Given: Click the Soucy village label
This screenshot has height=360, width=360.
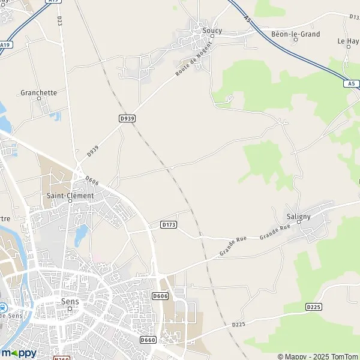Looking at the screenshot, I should point(212,30).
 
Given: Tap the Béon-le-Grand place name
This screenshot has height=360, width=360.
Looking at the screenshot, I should point(295,34).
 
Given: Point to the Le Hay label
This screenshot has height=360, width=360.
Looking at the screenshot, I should point(348,41).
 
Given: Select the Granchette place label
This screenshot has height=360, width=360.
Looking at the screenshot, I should point(38,92).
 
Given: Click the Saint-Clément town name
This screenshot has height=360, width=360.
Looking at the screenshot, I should point(70,196).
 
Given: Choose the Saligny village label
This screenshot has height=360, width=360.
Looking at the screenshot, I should point(298,216).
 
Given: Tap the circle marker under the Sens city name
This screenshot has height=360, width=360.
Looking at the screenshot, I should point(70,309).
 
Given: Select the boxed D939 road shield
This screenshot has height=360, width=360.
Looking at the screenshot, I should point(127,119).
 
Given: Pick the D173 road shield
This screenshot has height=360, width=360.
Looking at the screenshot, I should point(169,224).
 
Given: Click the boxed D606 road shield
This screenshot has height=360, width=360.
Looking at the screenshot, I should point(160,296).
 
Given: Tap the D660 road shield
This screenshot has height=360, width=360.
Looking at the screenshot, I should point(148,340).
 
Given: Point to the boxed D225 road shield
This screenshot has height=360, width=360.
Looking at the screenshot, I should point(313,307).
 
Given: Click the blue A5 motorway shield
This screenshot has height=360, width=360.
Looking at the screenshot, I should point(351,84).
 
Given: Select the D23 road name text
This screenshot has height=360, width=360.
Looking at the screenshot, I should point(60,20).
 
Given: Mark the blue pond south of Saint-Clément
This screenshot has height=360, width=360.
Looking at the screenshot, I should point(79,236).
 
